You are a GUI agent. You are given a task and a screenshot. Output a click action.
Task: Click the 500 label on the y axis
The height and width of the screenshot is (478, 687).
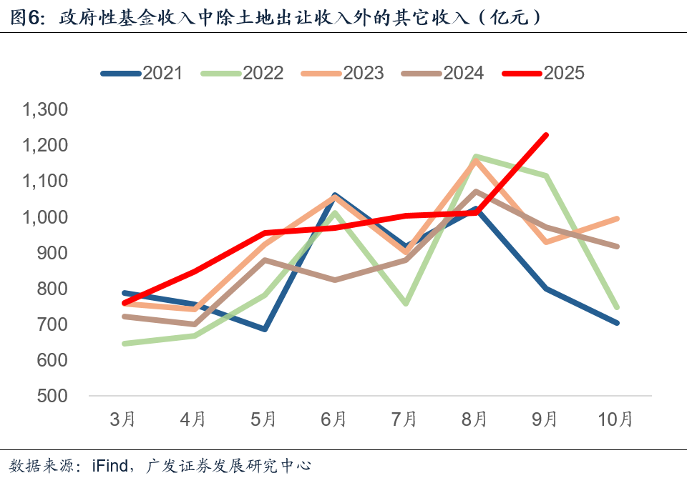52,396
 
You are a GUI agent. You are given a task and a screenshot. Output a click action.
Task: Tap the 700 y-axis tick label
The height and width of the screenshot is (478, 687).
52,324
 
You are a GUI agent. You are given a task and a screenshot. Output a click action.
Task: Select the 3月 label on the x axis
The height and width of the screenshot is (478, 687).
123,419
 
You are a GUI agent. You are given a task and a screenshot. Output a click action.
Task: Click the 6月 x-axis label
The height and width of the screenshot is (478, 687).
334,419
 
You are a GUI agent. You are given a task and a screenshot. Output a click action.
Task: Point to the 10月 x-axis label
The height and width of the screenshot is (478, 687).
615,419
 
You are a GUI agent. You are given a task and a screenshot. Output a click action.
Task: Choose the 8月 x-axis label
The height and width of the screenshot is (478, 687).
474,419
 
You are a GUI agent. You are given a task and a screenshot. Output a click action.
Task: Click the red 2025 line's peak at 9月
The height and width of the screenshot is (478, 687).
547,134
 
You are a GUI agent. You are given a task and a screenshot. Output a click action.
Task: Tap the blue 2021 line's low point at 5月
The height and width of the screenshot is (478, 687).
265,329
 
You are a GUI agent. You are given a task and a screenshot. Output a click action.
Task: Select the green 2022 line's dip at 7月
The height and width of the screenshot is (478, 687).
406,304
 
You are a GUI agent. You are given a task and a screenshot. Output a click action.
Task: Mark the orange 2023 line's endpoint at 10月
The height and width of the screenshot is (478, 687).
616,219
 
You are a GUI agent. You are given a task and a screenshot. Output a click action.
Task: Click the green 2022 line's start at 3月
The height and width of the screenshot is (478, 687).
124,344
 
